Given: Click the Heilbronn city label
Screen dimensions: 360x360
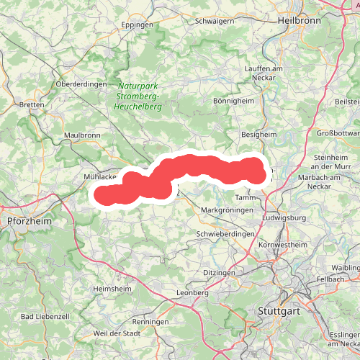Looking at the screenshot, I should point(300,20).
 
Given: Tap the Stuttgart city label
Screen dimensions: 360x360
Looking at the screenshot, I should point(276,311).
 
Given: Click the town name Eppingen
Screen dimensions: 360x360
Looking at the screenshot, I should point(138,24).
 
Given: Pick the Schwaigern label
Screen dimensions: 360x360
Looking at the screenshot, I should point(215,22).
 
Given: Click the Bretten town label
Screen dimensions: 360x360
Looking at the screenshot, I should point(32,104).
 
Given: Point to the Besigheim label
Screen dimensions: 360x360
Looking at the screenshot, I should point(258,134).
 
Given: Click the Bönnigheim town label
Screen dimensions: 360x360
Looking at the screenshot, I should point(234,102).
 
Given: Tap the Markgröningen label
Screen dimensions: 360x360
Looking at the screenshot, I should point(228,210).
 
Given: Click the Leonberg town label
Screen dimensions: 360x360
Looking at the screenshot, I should point(192,293).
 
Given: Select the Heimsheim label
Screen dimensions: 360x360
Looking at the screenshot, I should point(112,289).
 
